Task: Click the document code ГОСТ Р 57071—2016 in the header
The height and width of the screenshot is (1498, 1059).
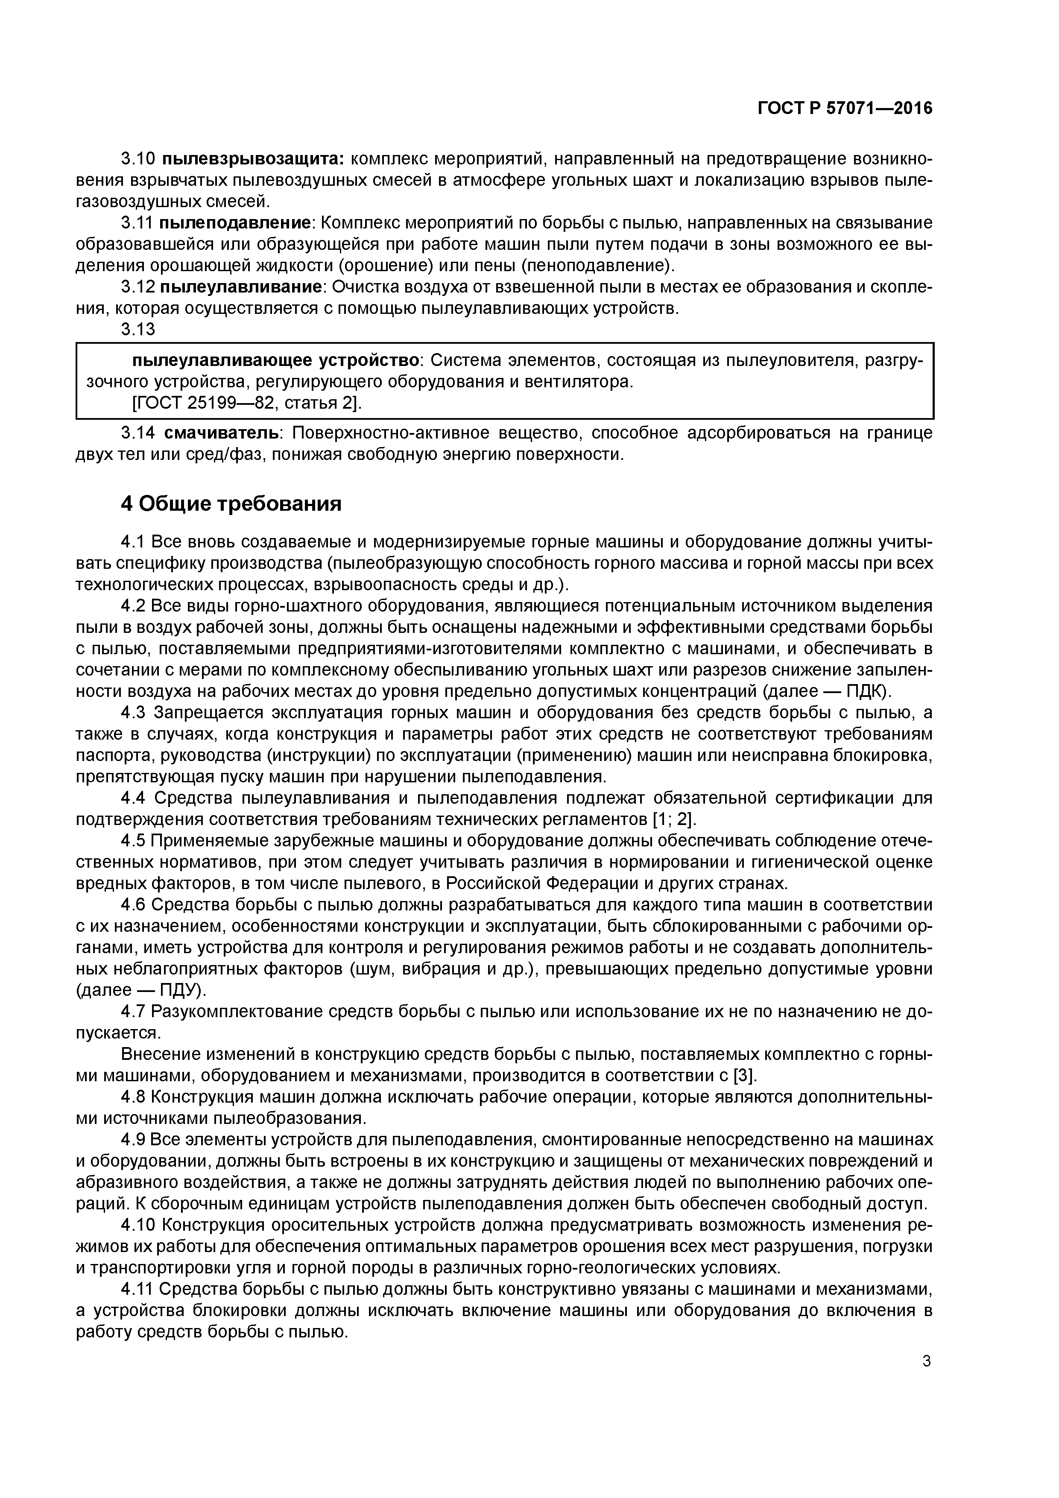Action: (x=845, y=108)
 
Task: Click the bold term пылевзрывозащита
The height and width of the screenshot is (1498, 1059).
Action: (x=252, y=159)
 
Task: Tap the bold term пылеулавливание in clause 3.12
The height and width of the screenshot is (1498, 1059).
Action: (x=241, y=287)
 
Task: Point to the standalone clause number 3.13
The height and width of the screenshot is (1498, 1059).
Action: (x=138, y=330)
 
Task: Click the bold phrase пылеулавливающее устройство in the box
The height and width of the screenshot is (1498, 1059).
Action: (x=275, y=361)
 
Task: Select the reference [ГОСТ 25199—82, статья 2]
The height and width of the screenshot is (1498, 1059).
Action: (x=247, y=404)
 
